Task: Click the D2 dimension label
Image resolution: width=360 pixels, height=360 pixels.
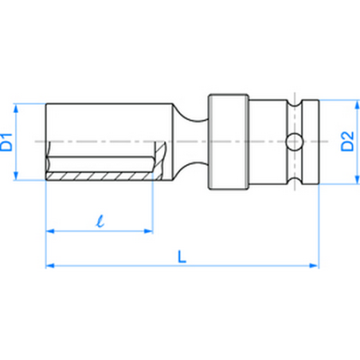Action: click(x=348, y=143)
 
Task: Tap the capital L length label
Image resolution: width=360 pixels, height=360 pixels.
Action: click(x=182, y=256)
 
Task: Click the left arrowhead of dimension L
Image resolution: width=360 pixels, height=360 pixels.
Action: click(x=49, y=264)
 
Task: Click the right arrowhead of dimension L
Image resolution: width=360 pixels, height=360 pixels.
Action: click(x=316, y=264)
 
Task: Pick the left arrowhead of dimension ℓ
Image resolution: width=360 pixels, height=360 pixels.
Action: click(x=49, y=231)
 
